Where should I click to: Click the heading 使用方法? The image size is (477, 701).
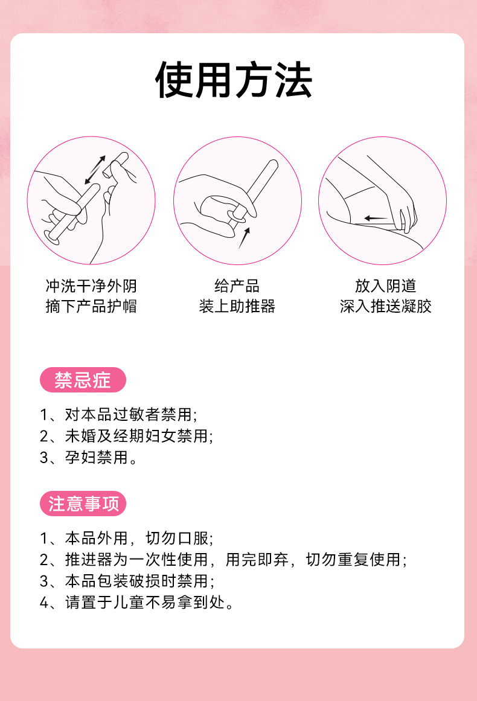[x=233, y=80]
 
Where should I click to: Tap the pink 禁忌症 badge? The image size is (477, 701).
[x=83, y=380]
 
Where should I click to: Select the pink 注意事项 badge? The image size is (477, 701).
[x=83, y=504]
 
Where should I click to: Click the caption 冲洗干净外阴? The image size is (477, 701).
[x=91, y=286]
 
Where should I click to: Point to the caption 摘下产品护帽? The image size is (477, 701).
[x=91, y=306]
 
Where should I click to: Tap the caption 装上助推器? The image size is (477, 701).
[x=237, y=306]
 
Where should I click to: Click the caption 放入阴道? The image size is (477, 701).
[x=385, y=286]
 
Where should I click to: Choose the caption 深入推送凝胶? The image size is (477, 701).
[x=385, y=306]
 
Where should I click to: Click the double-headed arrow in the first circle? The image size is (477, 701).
[x=95, y=170]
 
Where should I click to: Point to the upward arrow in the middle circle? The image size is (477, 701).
[x=244, y=238]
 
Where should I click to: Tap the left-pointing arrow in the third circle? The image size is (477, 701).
[x=376, y=218]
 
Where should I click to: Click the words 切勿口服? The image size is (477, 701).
[x=178, y=538]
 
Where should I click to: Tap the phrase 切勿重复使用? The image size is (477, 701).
[x=353, y=559]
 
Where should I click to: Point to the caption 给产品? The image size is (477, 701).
[x=237, y=286]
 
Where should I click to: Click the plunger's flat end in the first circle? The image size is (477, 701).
[x=52, y=237]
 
